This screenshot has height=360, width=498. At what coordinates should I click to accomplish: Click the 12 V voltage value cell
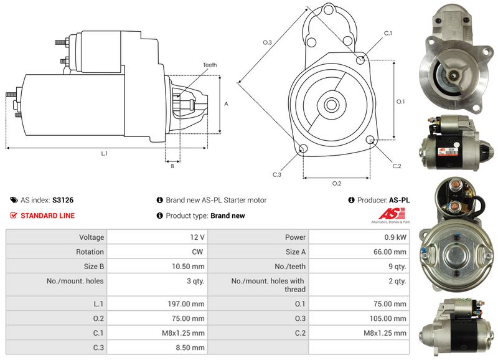tap(197, 237)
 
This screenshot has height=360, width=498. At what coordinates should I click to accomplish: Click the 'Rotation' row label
tap(91, 252)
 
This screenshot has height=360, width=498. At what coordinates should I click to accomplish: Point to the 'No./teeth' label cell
tap(292, 267)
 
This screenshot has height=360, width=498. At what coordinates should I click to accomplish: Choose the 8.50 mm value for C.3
tap(192, 348)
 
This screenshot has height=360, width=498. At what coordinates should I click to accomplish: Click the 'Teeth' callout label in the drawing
tap(210, 65)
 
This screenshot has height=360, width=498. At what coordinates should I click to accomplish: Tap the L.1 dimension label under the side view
tap(105, 153)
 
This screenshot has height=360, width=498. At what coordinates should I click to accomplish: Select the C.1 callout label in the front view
tap(388, 33)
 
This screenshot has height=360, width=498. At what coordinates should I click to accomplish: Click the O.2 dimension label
tap(337, 182)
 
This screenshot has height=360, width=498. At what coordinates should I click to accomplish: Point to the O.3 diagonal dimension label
tap(268, 42)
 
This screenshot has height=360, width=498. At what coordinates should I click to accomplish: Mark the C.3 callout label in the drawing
tap(277, 174)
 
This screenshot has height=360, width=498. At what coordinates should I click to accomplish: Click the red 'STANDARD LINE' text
tap(48, 216)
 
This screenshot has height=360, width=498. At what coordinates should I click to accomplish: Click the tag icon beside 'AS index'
tap(14, 201)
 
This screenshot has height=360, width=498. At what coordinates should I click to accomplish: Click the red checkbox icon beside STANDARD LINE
tap(14, 216)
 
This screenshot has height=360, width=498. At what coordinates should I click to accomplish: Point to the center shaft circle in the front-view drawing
tap(331, 104)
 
